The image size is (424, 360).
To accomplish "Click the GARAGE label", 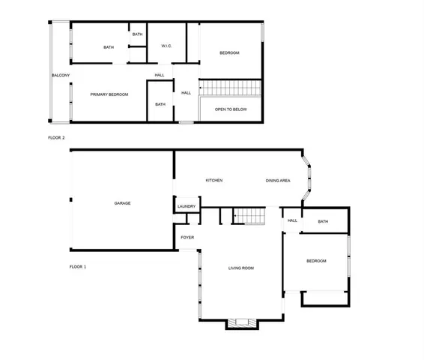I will (x=122, y=203).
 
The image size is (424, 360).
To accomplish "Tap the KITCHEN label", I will (x=214, y=181).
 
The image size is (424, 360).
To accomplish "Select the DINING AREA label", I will (x=278, y=181).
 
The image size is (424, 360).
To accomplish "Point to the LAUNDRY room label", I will (x=187, y=206).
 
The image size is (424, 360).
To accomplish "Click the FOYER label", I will (x=187, y=238).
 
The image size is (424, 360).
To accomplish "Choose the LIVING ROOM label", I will (x=241, y=268).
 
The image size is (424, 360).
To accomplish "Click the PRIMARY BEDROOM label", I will (x=109, y=94).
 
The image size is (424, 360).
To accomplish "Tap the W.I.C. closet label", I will (x=166, y=46).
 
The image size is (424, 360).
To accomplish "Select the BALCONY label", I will (x=61, y=75).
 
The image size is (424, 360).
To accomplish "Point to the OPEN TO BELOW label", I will (x=231, y=109).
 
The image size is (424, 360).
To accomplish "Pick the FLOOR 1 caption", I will (x=78, y=267).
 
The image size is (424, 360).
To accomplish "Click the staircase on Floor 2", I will (x=231, y=88).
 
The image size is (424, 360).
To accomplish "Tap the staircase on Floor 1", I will (x=250, y=217).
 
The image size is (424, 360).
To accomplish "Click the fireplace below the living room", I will (x=243, y=323).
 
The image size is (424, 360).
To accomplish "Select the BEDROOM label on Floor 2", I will (x=229, y=52).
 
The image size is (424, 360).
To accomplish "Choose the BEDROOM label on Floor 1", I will (x=316, y=260).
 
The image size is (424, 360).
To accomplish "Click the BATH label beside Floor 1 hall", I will (x=323, y=221).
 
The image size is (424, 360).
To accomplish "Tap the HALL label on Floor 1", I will (x=292, y=220).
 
